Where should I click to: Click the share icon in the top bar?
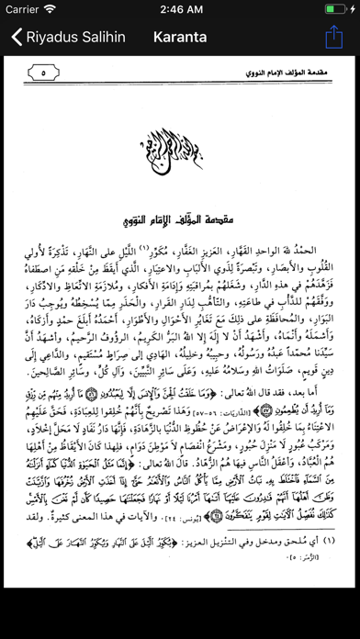tap(333, 38)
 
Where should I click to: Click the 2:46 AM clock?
tap(180, 9)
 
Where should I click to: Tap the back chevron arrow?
tap(17, 38)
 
